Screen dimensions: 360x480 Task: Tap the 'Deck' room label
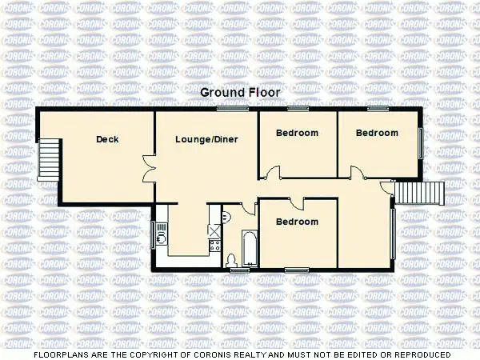tap(107, 139)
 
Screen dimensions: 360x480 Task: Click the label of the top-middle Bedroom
tap(297, 133)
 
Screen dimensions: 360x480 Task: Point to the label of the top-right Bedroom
tap(377, 133)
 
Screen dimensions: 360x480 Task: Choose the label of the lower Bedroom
tap(297, 222)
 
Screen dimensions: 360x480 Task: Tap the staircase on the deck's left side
tap(49, 159)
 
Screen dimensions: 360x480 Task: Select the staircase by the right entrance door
tap(421, 193)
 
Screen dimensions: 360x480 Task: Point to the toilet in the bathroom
tap(231, 259)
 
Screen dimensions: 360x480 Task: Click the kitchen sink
tap(162, 232)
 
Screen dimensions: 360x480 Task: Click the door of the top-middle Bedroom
tap(274, 171)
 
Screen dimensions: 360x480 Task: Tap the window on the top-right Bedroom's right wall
tap(422, 142)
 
